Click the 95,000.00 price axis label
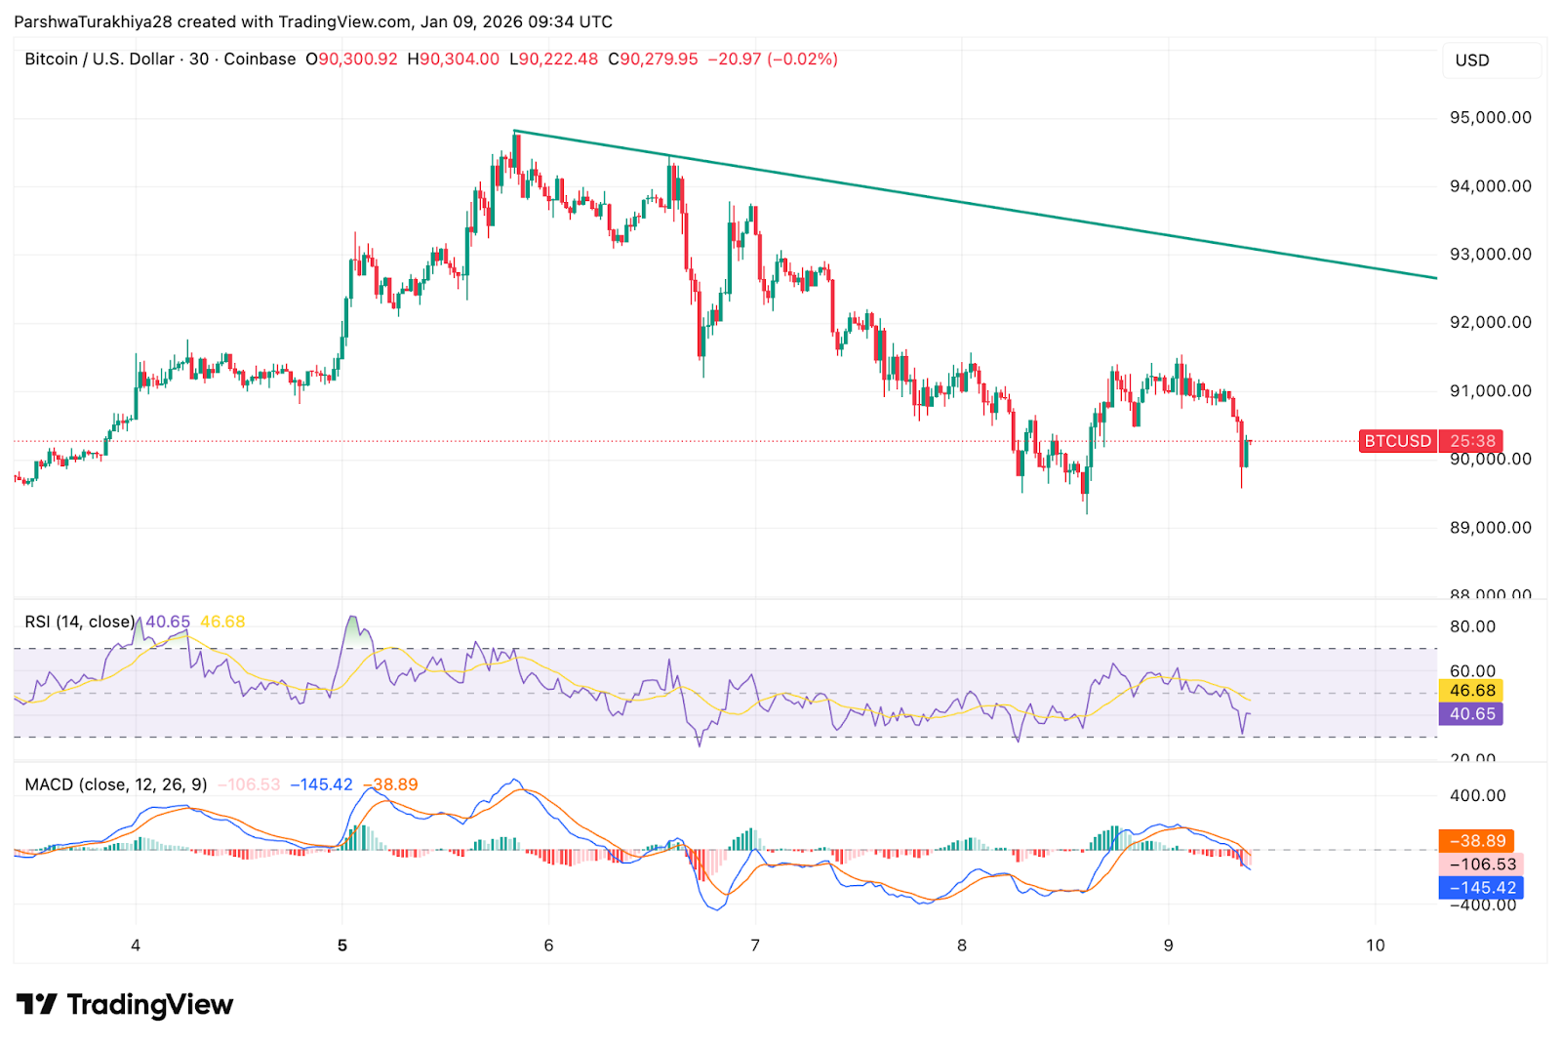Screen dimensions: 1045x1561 pyautogui.click(x=1490, y=118)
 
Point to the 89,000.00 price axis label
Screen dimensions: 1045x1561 pyautogui.click(x=1490, y=528)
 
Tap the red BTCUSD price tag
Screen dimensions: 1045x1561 pyautogui.click(x=1397, y=441)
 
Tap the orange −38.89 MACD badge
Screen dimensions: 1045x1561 pyautogui.click(x=1477, y=841)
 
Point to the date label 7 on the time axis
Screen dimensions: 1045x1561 pyautogui.click(x=755, y=945)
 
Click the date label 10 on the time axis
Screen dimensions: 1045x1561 pyautogui.click(x=1375, y=945)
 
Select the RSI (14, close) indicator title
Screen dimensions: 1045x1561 pyautogui.click(x=79, y=622)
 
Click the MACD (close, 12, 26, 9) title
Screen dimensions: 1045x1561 pyautogui.click(x=116, y=784)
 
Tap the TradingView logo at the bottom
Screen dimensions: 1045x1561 pyautogui.click(x=125, y=1004)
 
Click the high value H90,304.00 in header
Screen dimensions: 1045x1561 pyautogui.click(x=454, y=60)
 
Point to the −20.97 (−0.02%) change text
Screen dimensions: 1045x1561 pyautogui.click(x=773, y=60)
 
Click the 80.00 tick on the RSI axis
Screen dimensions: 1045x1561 pyautogui.click(x=1472, y=626)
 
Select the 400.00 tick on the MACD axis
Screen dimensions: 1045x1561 pyautogui.click(x=1477, y=796)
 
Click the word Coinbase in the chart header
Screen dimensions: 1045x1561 pyautogui.click(x=260, y=60)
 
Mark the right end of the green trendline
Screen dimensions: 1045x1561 pyautogui.click(x=1436, y=278)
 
